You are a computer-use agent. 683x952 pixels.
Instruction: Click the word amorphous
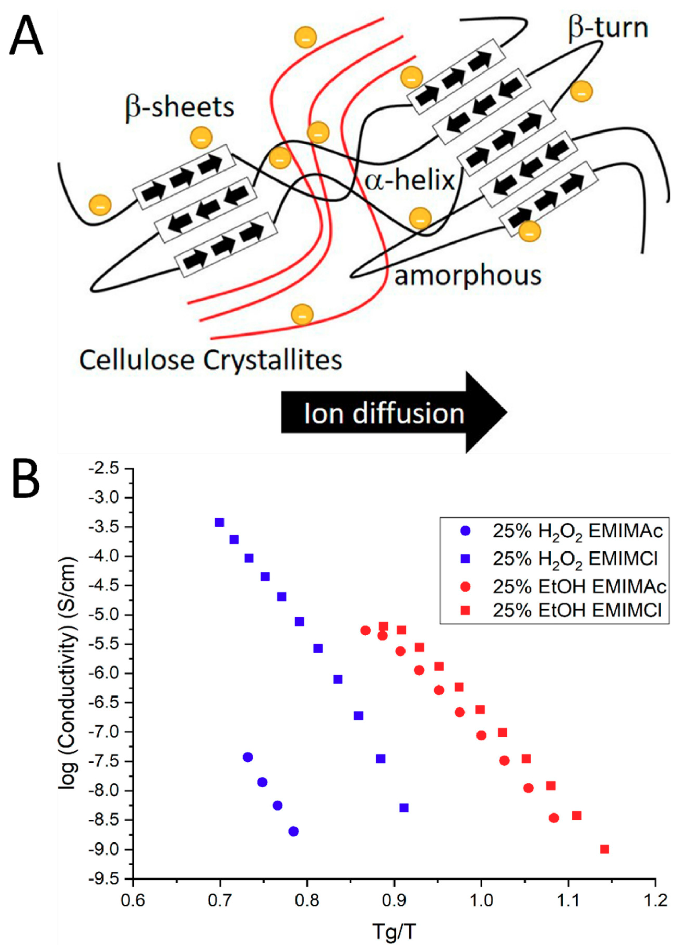467,276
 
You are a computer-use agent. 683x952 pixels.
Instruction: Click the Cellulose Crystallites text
211,360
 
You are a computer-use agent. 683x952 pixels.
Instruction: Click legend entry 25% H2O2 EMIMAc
577,531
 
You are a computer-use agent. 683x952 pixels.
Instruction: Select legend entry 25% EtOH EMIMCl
577,610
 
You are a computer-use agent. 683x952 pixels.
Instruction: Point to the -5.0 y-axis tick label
109,615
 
